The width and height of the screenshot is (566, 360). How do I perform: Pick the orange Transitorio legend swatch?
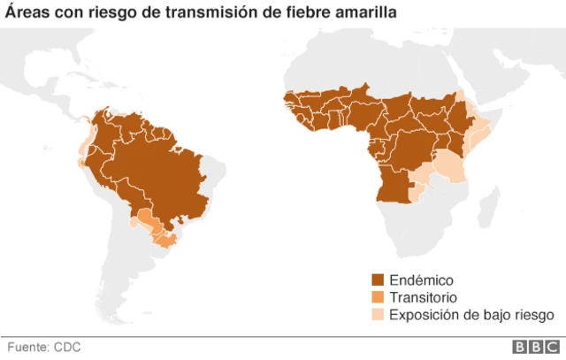pos(379,297)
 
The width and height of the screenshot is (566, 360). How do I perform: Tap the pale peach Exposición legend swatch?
pos(379,314)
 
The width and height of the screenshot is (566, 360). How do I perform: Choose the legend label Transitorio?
pos(423,297)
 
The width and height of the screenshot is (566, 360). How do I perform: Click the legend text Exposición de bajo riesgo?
pos(471,314)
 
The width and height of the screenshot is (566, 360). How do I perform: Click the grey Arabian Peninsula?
pos(495,84)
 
